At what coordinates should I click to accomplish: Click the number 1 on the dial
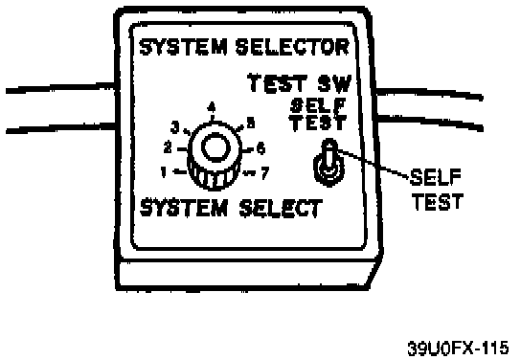tap(164, 172)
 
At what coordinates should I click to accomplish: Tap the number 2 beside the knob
tap(169, 147)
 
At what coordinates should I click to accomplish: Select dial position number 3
tap(175, 127)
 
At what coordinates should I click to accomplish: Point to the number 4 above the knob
tap(212, 107)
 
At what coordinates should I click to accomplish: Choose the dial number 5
tap(251, 123)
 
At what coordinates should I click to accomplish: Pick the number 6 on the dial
tap(261, 148)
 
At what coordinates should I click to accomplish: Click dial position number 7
tap(265, 173)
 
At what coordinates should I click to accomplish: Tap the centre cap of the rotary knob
tap(216, 147)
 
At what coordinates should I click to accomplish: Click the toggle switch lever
tap(329, 154)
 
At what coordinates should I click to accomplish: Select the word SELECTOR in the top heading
tap(292, 47)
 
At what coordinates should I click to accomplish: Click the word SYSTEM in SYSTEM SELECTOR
tap(184, 47)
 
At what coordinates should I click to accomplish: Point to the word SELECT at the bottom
tap(281, 209)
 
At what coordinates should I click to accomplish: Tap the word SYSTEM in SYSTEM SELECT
tap(184, 208)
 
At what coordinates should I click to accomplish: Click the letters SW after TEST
tap(334, 83)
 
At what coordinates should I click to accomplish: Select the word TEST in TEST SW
tap(278, 83)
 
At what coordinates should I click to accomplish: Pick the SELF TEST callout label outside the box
tap(437, 190)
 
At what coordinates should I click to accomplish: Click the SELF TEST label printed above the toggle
tap(318, 115)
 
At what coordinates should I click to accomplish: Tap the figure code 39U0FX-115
tap(458, 349)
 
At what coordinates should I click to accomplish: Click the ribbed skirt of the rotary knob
tap(214, 178)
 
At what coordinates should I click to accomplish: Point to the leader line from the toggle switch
tap(373, 164)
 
